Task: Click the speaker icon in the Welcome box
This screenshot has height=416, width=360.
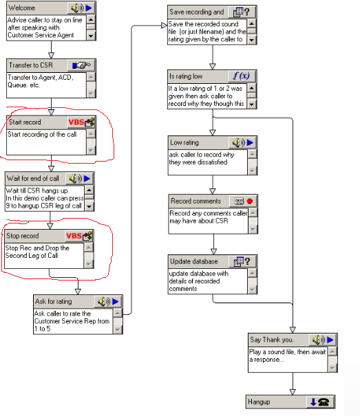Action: [x=77, y=8]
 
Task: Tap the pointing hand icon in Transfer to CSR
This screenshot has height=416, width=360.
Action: [x=81, y=65]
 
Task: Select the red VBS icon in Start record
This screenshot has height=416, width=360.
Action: [x=76, y=122]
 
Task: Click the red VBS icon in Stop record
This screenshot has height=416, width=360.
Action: [x=74, y=236]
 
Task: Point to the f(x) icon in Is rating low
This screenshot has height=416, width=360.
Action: [x=242, y=76]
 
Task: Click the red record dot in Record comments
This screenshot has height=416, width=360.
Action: [x=249, y=201]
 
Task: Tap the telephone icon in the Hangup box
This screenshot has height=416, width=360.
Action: [x=324, y=402]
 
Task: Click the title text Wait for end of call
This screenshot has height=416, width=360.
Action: [x=32, y=179]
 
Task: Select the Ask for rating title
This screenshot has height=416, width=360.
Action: [x=54, y=302]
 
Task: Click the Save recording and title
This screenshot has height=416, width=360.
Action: [x=197, y=12]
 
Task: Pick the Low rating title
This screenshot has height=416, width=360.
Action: [x=184, y=143]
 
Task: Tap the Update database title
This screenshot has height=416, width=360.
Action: [x=194, y=261]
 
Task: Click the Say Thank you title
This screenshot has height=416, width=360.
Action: [x=271, y=340]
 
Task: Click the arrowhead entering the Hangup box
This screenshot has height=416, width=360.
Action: [x=293, y=392]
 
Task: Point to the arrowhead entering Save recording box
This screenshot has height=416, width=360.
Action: [x=165, y=25]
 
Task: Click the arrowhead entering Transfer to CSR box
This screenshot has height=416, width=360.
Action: [x=51, y=55]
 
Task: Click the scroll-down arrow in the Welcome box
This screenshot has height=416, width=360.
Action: [x=91, y=36]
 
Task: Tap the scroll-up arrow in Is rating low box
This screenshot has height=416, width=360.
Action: [x=252, y=87]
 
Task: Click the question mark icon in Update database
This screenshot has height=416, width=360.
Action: [x=248, y=261]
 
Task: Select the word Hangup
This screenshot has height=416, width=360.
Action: [x=259, y=402]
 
